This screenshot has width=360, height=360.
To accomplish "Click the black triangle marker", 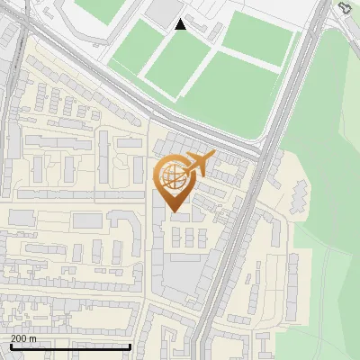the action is click(x=181, y=24).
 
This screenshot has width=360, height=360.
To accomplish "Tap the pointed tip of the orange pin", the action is click(x=173, y=211).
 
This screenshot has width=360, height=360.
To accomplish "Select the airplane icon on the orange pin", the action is click(x=198, y=164).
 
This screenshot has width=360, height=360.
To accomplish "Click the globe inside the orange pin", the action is click(x=172, y=175).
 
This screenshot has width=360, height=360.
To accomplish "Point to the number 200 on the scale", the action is click(x=18, y=337).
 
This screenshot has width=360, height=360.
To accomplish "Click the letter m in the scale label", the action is click(x=33, y=337).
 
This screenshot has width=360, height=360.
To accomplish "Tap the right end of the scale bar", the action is click(x=131, y=346).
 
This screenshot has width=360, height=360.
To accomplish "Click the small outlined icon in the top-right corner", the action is click(x=345, y=8).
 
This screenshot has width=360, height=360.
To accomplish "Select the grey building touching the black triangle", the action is click(x=165, y=12).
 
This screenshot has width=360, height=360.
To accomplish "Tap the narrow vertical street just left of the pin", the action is click(x=148, y=198).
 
